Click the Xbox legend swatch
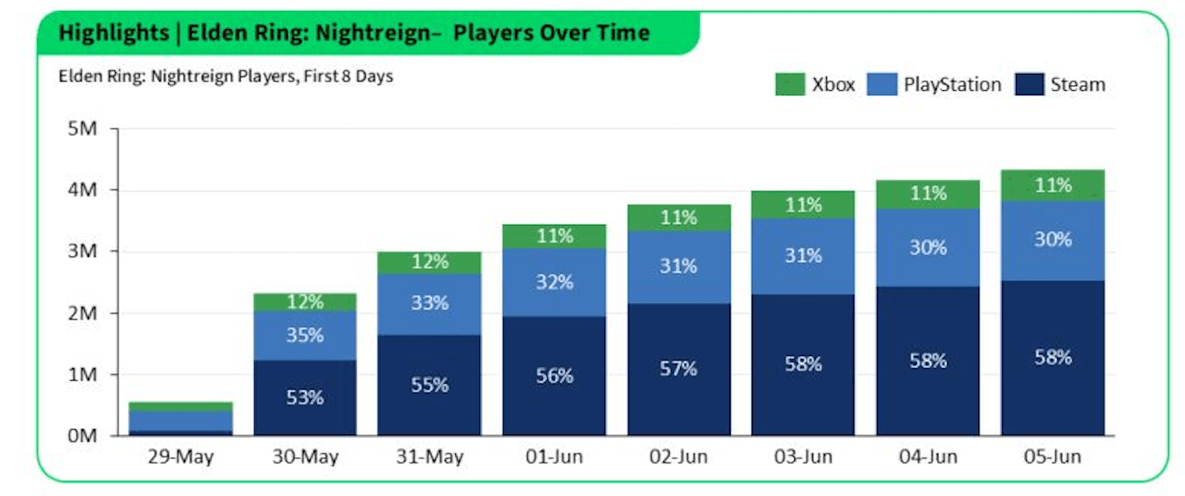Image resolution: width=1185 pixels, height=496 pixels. (788, 84)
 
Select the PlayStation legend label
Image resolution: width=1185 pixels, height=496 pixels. (952, 84)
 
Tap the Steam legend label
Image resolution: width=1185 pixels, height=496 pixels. (1079, 84)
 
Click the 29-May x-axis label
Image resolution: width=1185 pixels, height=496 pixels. (180, 457)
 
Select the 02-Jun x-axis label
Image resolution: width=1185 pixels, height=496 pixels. (678, 457)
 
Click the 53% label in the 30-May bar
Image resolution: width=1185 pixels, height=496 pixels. (305, 398)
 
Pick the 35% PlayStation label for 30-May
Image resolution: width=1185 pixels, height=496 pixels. (305, 336)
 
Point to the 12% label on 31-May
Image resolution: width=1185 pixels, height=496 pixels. (429, 262)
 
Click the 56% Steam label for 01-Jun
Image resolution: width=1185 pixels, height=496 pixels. (554, 376)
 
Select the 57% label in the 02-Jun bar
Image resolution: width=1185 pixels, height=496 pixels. (678, 369)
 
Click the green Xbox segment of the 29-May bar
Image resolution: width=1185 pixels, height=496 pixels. (180, 406)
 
